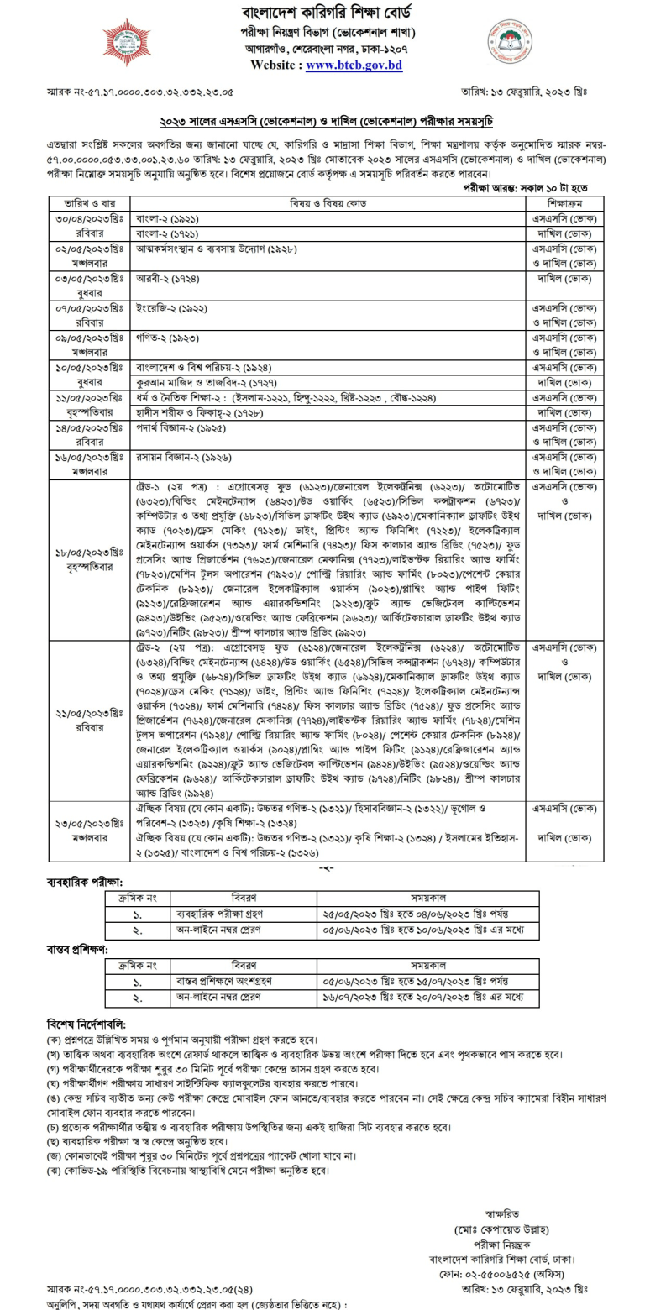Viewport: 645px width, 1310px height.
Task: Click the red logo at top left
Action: [127, 42]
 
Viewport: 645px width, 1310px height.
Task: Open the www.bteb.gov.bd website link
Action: [342, 65]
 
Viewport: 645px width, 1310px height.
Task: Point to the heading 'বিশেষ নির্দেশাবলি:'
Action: [87, 1024]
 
